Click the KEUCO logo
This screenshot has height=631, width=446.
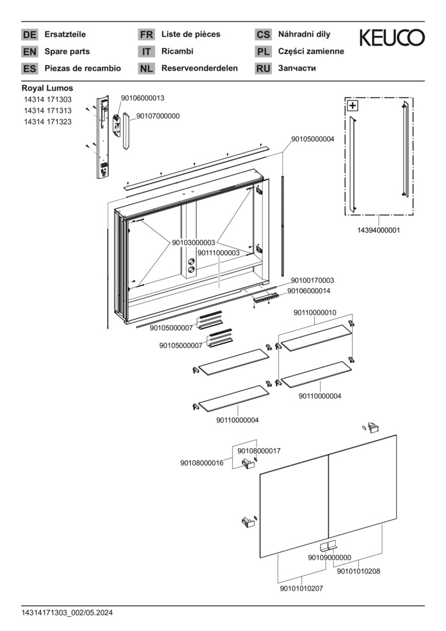coord(392,38)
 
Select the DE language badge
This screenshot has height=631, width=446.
coord(29,34)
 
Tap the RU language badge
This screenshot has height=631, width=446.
coord(263,68)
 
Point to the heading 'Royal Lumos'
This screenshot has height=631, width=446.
coord(47,88)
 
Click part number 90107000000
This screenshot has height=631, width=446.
coord(158,116)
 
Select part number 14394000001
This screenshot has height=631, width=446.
coord(379,231)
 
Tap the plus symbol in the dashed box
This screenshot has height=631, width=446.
coord(352,106)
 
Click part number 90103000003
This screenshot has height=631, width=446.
coord(193,242)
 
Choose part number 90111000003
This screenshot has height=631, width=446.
coord(218,253)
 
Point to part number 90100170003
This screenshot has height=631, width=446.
coord(312,281)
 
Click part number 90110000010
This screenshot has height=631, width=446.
coord(314,313)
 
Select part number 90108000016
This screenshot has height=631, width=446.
coord(202,463)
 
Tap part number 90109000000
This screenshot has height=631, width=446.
coord(329,558)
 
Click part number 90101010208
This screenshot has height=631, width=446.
coord(358,571)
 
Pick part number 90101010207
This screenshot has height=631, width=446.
coord(302,589)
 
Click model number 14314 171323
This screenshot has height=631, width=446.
coord(47,122)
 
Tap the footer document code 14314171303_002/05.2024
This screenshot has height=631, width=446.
coord(67,613)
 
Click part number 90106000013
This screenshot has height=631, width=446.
coord(143,98)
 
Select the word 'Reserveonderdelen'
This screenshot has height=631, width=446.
coord(199,68)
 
